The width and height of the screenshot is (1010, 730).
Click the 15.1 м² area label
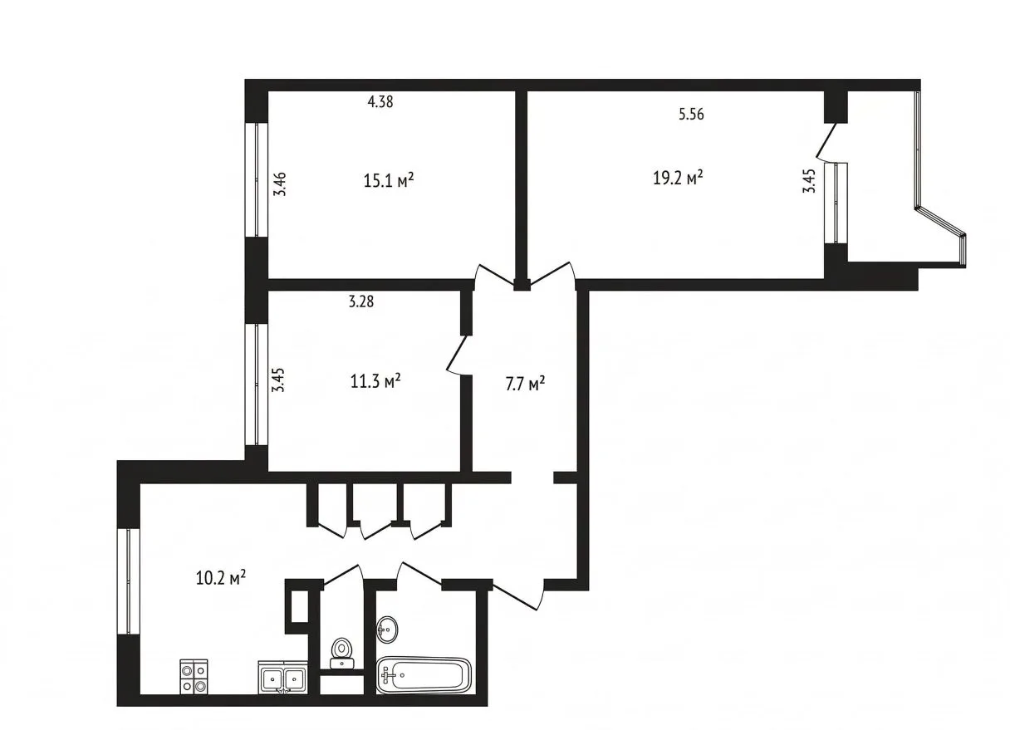(x=389, y=181)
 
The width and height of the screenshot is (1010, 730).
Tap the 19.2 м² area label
(x=678, y=178)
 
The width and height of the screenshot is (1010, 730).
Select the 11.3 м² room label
(x=375, y=381)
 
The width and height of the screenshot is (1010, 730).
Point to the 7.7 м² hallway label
(x=525, y=384)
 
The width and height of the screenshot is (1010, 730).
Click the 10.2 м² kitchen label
(x=221, y=577)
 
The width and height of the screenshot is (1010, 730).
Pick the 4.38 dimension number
(x=380, y=102)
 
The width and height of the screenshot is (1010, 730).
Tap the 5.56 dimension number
(x=691, y=114)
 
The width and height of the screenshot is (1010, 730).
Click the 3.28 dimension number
(x=361, y=301)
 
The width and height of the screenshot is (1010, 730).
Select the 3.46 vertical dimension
(x=280, y=184)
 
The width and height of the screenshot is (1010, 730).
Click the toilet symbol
(x=341, y=653)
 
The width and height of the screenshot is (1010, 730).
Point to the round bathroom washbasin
(x=387, y=629)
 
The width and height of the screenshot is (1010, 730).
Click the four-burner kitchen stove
(x=194, y=676)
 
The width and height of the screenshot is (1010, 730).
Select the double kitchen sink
(x=283, y=677)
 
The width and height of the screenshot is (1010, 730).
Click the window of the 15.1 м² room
(x=256, y=179)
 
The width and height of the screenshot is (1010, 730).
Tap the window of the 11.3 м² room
(x=256, y=385)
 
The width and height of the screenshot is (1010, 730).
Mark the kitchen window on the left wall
(x=129, y=581)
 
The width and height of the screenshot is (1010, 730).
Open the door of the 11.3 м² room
(x=458, y=355)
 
